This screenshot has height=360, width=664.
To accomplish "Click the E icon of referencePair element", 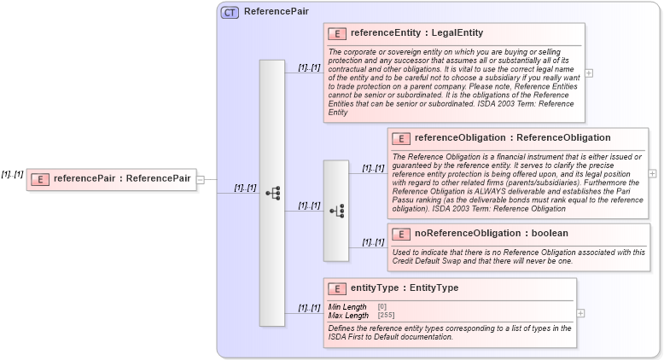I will point(39,179).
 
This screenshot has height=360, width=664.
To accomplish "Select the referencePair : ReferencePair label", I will point(122,179).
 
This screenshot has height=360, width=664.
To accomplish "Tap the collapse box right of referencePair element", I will point(201,179).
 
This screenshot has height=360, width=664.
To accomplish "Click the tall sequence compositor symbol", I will point(272,193).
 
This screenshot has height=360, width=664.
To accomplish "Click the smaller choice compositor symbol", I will point(335,210).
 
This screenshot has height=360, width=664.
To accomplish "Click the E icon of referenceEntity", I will point(337,34).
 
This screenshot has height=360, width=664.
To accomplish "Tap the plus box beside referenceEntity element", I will point(589,73).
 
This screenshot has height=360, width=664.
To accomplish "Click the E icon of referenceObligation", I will point(401,138).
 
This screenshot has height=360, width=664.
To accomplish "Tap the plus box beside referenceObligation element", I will point(653,173).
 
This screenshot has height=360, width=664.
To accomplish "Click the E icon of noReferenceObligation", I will point(401,234).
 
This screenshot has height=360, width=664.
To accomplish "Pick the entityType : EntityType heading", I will point(405,288).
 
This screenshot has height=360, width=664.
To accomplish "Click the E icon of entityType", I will point(337,289).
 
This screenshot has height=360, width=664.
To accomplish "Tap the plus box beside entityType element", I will point(581,313).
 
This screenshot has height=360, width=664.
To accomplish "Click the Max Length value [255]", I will point(387,316).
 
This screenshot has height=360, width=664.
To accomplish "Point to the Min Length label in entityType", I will point(347,307).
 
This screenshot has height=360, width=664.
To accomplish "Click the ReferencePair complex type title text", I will point(276,13).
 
